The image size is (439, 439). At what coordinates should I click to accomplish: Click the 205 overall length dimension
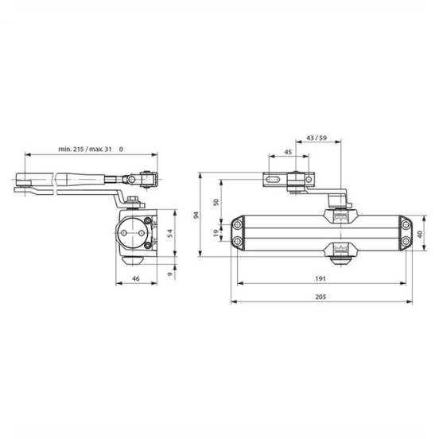tap(321, 297)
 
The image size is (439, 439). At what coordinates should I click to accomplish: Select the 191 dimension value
tap(321, 278)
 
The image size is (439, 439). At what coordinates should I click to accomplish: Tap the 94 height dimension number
tap(196, 215)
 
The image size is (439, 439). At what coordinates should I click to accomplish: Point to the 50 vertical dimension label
tap(216, 202)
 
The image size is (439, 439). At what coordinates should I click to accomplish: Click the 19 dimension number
tap(216, 233)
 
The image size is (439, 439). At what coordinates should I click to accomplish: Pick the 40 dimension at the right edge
tap(420, 234)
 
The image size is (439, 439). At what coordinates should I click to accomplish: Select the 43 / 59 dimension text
tap(317, 138)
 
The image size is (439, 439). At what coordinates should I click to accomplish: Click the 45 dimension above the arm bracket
tap(288, 152)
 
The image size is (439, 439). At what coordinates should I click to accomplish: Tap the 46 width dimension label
tap(136, 278)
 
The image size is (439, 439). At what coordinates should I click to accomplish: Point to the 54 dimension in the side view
tap(169, 233)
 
